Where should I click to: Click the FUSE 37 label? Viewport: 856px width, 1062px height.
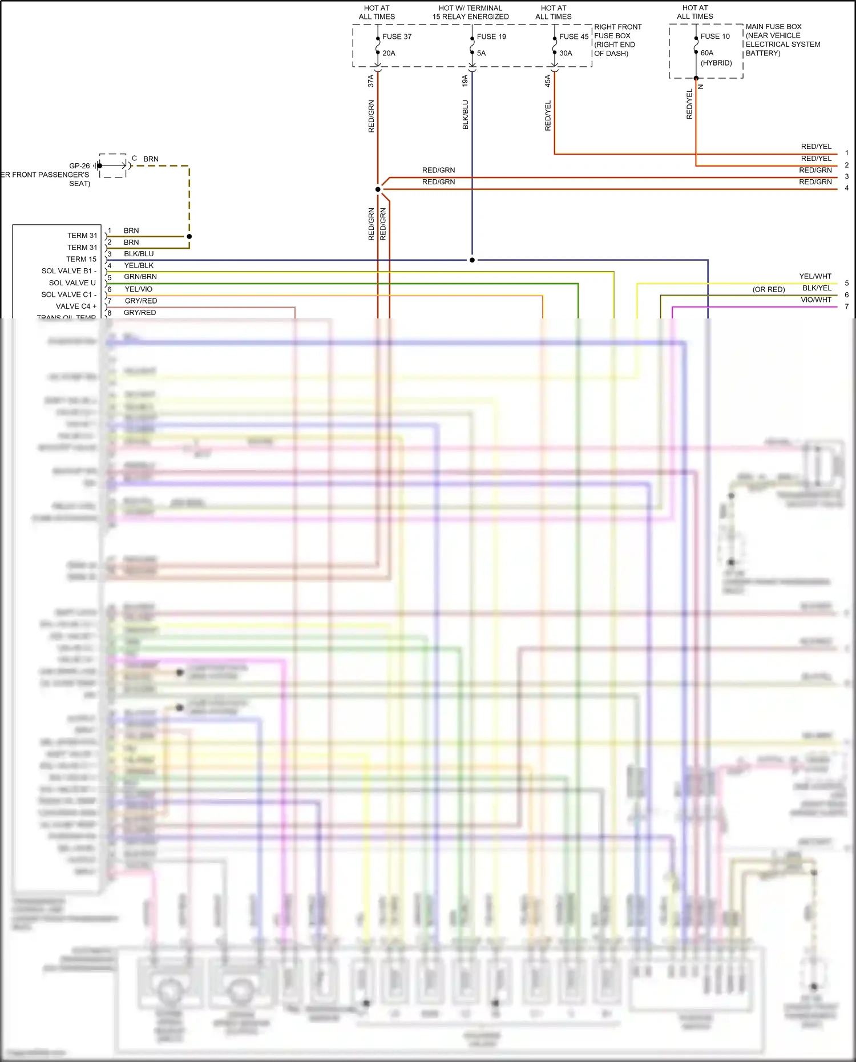point(397,37)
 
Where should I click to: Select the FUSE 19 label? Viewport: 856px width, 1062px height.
point(491,37)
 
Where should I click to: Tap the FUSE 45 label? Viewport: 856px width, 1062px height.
point(574,37)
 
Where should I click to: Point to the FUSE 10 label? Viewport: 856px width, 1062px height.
point(715,36)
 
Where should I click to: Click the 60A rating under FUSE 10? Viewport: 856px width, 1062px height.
point(707,53)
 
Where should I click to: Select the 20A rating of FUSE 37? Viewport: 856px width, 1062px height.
point(389,53)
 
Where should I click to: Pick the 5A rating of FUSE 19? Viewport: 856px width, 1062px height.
point(481,53)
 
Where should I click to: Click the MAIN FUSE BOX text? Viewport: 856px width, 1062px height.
point(773,27)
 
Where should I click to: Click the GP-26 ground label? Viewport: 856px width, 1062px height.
point(79,166)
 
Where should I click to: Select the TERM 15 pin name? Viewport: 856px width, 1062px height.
point(82,259)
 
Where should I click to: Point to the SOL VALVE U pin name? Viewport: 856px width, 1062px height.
point(72,283)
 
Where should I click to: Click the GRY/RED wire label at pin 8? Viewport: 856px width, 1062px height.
point(140,313)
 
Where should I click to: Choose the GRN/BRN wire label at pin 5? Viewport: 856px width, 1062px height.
point(140,277)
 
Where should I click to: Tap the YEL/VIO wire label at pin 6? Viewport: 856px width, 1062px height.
point(139,289)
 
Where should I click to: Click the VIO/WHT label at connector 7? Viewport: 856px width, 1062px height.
point(815,300)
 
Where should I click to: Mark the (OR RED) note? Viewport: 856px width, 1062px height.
point(769,290)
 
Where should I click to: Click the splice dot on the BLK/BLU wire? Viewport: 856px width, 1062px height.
point(472,260)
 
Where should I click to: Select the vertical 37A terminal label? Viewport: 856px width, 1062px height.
point(371,80)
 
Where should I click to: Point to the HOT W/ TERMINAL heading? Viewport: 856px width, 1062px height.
point(470,8)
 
